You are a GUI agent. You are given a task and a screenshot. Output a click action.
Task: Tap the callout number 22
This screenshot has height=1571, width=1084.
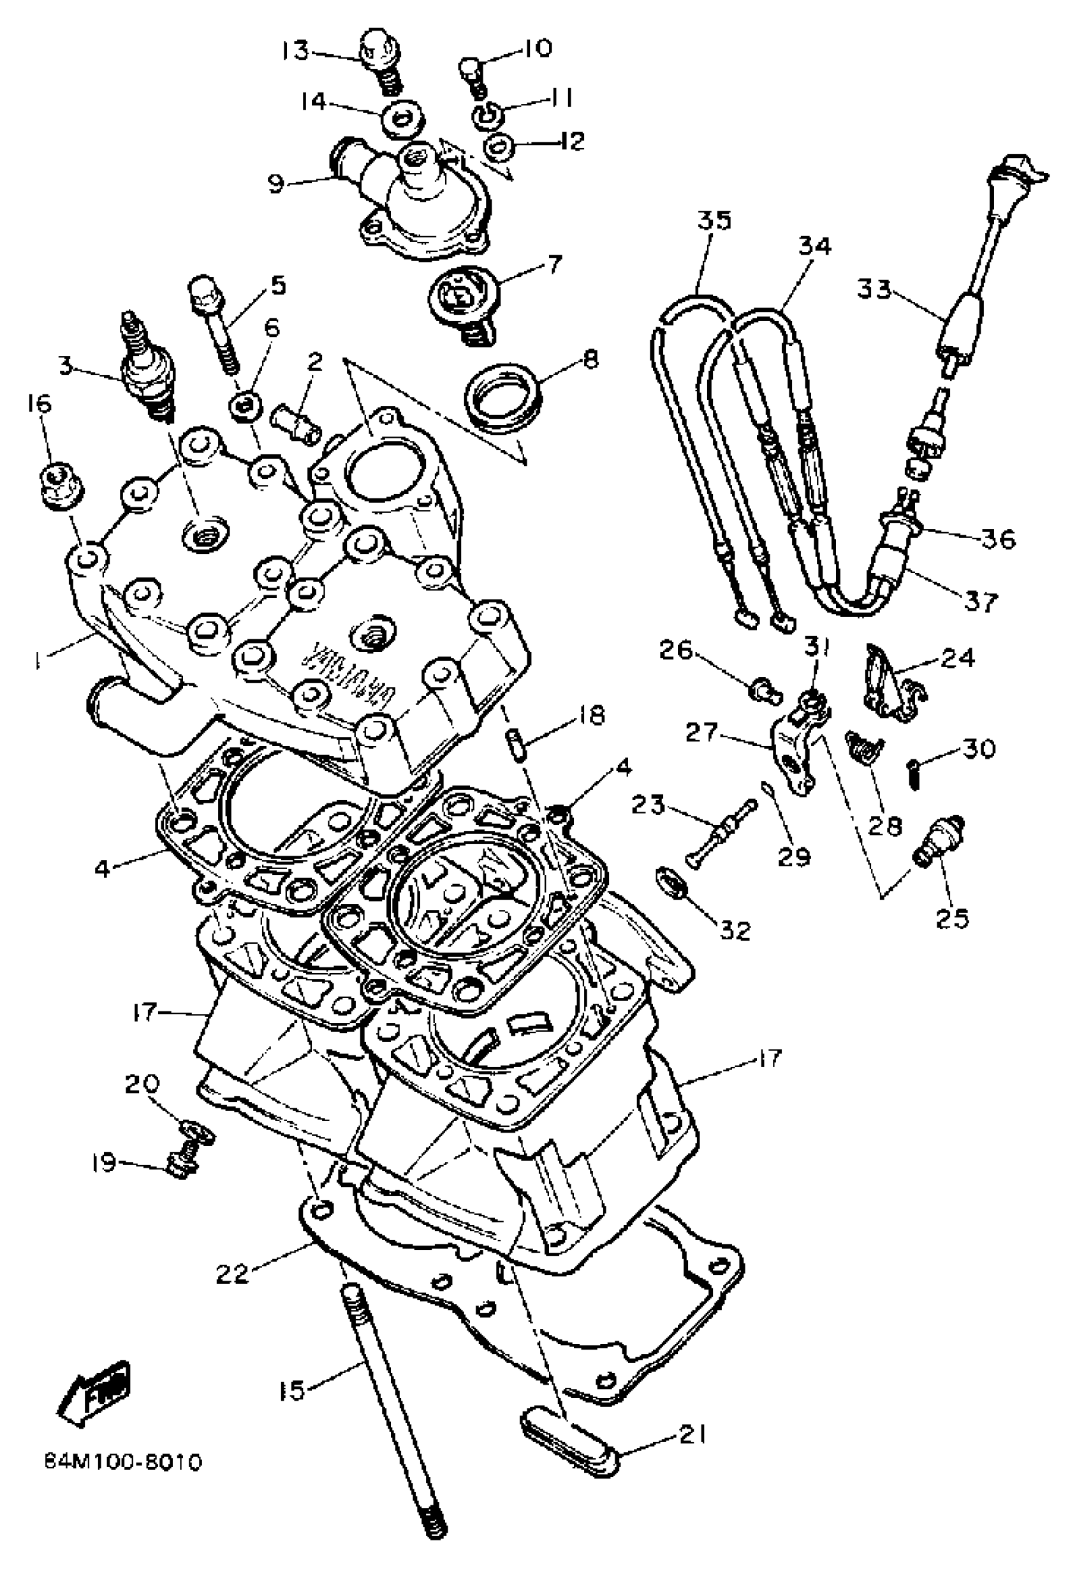(x=233, y=1274)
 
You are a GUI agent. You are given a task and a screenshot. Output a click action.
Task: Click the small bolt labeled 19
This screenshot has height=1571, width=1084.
(x=180, y=1164)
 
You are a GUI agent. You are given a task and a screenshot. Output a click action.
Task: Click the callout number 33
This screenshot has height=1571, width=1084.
(x=874, y=290)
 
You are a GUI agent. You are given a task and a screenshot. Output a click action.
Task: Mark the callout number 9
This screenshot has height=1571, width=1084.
(x=275, y=184)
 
